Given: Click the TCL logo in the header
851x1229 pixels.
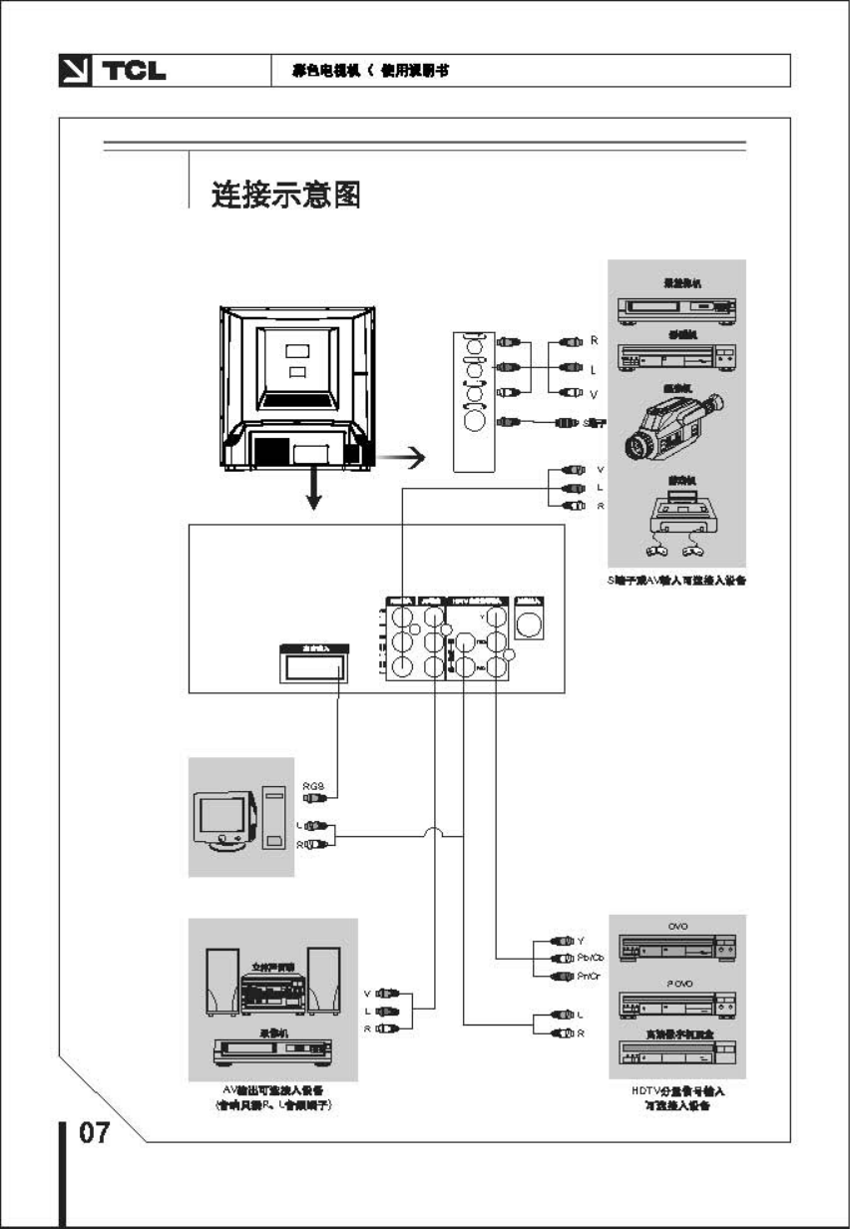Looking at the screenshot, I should [x=112, y=71].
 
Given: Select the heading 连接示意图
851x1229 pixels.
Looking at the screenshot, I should [x=285, y=194].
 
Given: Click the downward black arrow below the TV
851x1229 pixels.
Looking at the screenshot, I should [x=314, y=490].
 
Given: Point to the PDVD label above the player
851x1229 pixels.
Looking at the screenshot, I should [x=677, y=984].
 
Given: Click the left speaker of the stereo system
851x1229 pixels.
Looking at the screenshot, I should [x=221, y=981].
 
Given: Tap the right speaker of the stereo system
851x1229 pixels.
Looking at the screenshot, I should [x=323, y=981].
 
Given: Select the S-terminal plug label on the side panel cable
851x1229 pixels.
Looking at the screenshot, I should [x=594, y=423].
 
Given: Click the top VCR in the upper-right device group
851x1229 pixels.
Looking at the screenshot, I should [x=676, y=309].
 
